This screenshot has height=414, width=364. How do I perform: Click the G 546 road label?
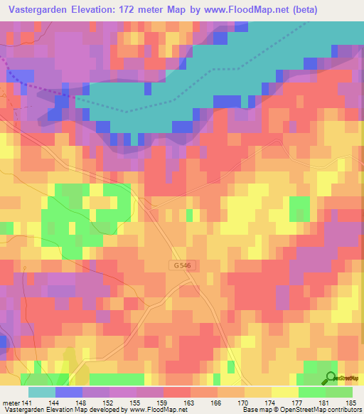point(181,265)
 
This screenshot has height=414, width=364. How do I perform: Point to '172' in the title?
point(134,9)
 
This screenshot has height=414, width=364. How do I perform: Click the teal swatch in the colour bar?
point(42,392)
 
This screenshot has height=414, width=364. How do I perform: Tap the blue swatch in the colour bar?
point(69,392)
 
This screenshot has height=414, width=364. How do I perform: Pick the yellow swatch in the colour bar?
point(284,392)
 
